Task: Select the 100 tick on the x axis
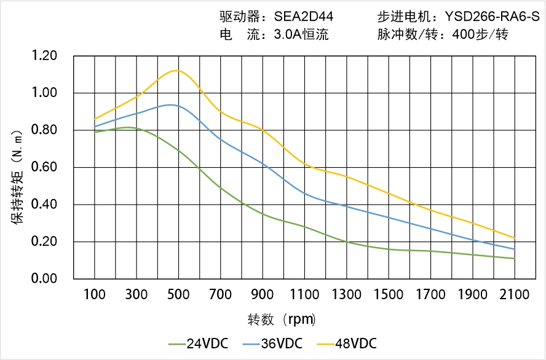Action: pos(95,295)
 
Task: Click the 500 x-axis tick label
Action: pos(178,295)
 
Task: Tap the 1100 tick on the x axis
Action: pos(304,295)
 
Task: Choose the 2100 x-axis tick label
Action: pos(515,295)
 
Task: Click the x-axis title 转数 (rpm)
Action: pos(282,319)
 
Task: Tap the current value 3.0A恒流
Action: pos(301,34)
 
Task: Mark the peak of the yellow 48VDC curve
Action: pos(177,70)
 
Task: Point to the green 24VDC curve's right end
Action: pos(515,259)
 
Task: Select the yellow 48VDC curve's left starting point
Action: pos(95,119)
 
